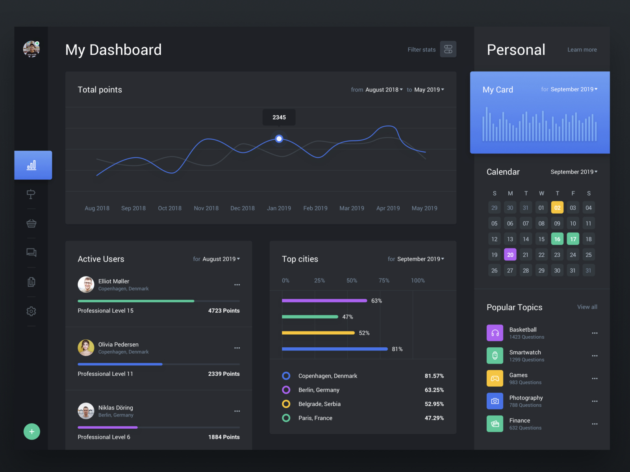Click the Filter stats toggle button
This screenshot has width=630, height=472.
[x=448, y=49]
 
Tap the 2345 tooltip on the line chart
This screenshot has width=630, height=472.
[x=279, y=117]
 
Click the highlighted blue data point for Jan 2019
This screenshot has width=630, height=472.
[x=279, y=138]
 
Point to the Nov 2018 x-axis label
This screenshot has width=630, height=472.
[x=206, y=208]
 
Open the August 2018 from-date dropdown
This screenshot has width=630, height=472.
[x=384, y=90]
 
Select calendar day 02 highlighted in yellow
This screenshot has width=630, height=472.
[x=557, y=208]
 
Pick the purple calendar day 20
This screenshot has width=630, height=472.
[x=510, y=254]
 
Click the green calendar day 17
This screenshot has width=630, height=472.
[x=573, y=239]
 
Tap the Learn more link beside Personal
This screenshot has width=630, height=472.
[x=582, y=50]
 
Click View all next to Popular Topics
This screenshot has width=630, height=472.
[x=587, y=307]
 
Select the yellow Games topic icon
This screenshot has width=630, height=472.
[x=495, y=378]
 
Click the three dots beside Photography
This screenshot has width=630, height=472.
[x=594, y=401]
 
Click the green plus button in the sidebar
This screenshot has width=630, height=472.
[x=32, y=431]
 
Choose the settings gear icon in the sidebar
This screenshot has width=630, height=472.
[x=31, y=311]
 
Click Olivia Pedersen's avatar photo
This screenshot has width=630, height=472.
[x=86, y=348]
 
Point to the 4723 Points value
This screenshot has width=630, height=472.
[x=224, y=311]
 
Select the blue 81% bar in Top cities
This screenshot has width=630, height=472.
[x=335, y=349]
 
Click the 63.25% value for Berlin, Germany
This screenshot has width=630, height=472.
[x=434, y=390]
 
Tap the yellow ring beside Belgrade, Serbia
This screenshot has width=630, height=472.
[x=286, y=404]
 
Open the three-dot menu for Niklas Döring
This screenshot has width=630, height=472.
[x=237, y=411]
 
